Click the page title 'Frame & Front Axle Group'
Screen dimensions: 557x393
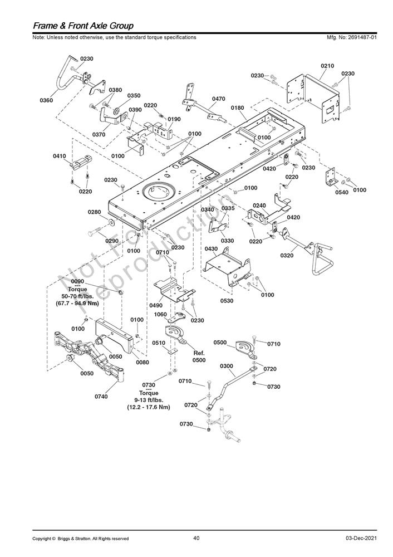click(83, 26)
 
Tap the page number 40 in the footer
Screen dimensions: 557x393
click(196, 538)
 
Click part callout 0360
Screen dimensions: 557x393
click(47, 100)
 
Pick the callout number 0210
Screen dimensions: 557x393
click(327, 66)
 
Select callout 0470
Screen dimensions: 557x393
click(219, 99)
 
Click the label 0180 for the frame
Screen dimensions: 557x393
click(238, 108)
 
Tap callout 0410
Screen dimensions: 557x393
click(60, 156)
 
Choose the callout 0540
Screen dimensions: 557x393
click(342, 192)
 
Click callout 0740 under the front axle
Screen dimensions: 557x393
click(101, 396)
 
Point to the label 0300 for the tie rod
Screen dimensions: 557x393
click(227, 366)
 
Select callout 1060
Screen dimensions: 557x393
click(161, 314)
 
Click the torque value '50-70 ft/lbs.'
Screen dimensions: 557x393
click(77, 297)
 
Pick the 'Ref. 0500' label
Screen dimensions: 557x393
click(199, 356)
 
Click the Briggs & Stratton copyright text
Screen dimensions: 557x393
click(81, 539)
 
